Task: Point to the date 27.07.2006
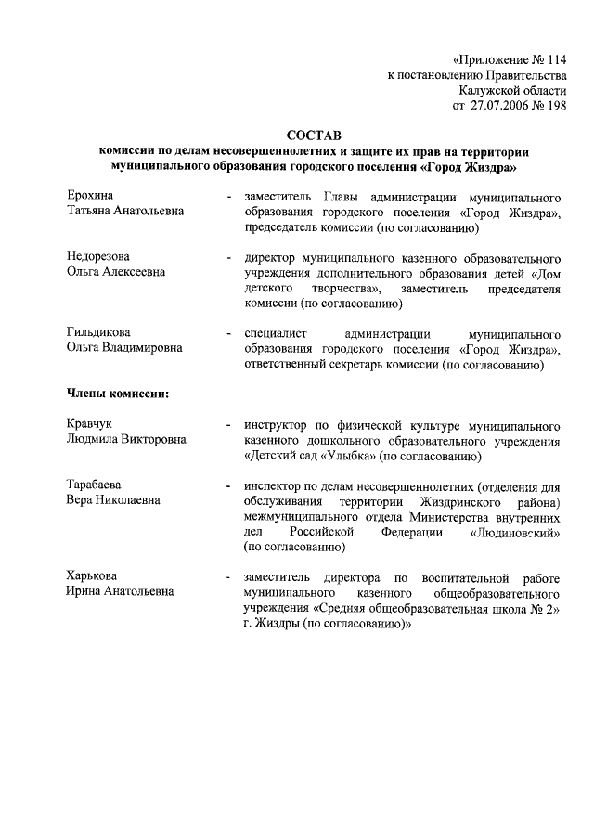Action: click(501, 106)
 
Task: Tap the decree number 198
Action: click(555, 106)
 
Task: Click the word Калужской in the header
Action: click(489, 90)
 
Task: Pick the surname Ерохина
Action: click(90, 196)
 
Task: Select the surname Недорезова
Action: click(98, 255)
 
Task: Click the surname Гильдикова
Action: click(98, 331)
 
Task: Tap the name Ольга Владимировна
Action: click(124, 347)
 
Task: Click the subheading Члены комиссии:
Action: click(117, 394)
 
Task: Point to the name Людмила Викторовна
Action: click(125, 439)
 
